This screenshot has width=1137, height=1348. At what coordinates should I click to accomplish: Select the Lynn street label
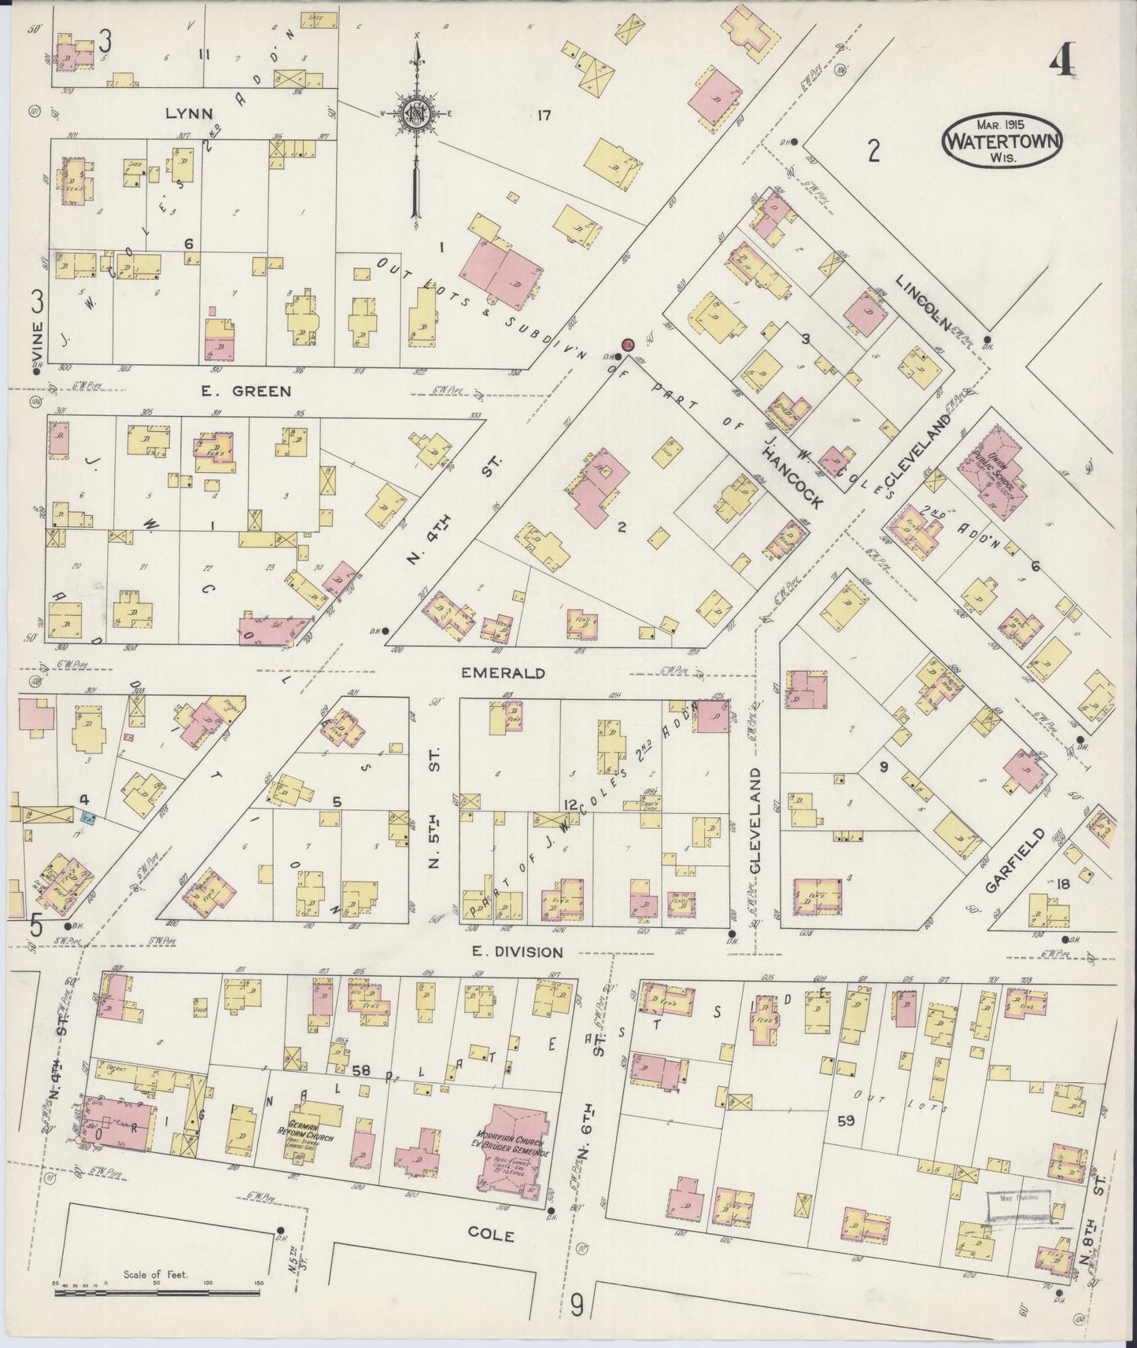(189, 113)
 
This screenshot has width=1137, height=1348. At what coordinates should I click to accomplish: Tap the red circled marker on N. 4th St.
(628, 344)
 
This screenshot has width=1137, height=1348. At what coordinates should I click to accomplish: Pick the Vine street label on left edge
(36, 337)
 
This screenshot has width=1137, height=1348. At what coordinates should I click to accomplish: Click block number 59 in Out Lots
(846, 1121)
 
